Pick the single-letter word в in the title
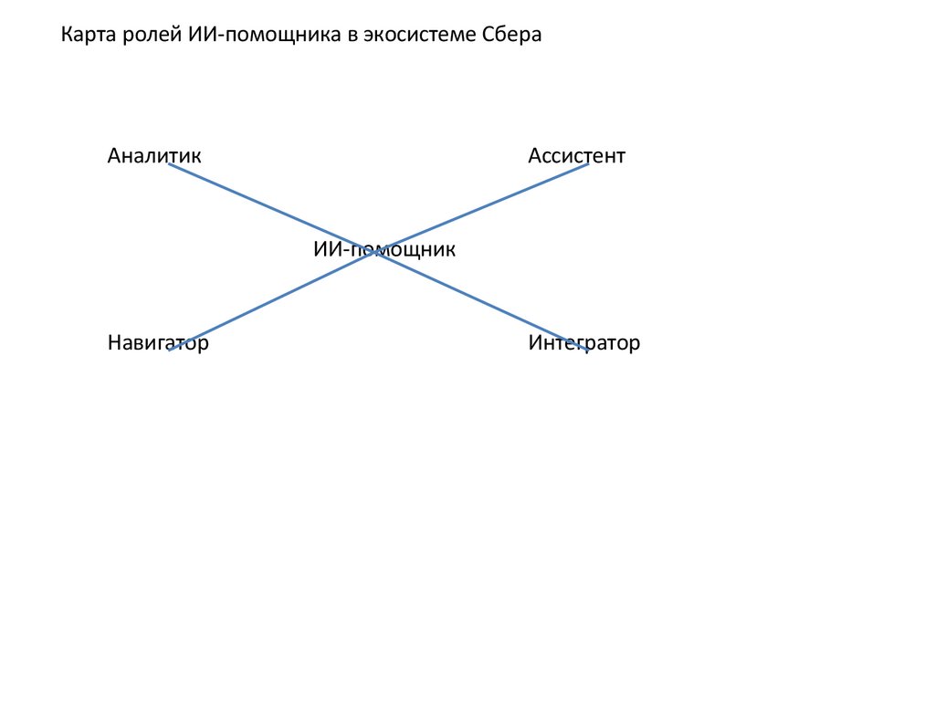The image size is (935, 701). click(x=352, y=36)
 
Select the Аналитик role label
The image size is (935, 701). click(x=153, y=156)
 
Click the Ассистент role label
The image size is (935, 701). click(x=576, y=156)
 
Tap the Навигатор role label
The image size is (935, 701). click(x=158, y=343)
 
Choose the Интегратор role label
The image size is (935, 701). click(x=583, y=343)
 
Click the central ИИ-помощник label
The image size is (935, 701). click(x=383, y=248)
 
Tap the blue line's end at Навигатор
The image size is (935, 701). click(x=170, y=350)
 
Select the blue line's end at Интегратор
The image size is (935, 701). click(x=587, y=350)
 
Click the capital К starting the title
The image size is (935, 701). click(x=66, y=36)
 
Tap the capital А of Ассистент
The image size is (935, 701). click(x=534, y=156)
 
